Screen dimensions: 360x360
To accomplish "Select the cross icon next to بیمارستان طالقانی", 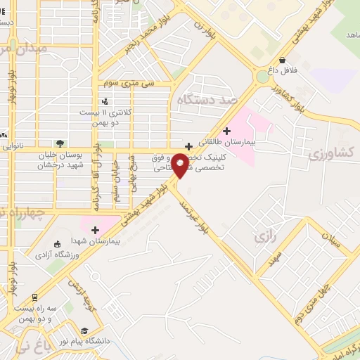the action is (x=226, y=130).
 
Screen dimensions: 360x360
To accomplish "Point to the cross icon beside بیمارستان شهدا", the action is (x=95, y=230).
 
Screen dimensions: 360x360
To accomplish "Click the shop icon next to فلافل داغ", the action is (x=282, y=60).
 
